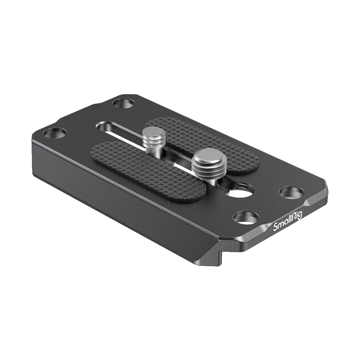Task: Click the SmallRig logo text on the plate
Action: (288, 221)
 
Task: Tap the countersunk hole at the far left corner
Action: (55, 134)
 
